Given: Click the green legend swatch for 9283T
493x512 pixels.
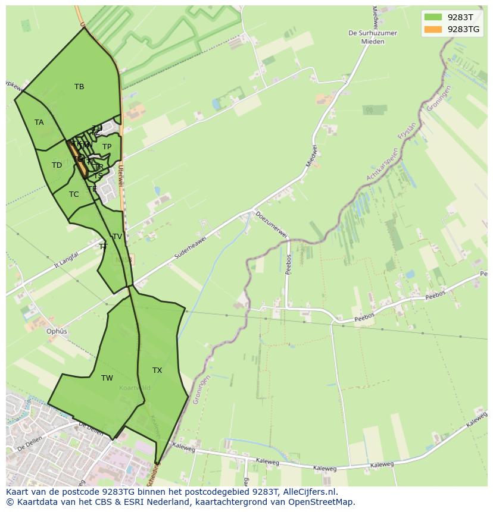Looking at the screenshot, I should tap(433, 17).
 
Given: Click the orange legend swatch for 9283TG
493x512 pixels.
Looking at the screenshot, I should tap(433, 29).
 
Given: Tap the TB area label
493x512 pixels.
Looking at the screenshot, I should tap(79, 87).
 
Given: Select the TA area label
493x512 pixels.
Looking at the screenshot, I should tap(39, 122).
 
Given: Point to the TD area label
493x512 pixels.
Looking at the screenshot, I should tap(57, 165).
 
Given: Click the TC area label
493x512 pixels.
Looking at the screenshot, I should tap(74, 194).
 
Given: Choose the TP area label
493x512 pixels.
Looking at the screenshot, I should tap(107, 147).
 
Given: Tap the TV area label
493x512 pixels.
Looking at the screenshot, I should tap(117, 237).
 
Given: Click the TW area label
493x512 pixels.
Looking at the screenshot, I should tap(107, 378).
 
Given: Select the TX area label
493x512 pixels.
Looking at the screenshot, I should tap(157, 370).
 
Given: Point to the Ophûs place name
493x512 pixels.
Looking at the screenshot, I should tap(57, 331).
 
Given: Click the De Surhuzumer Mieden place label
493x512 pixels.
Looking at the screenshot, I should tap(373, 37).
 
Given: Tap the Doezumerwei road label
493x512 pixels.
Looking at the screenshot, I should tap(271, 224).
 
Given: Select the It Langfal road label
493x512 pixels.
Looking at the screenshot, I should tap(67, 260).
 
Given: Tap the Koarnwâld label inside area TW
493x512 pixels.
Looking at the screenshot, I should tap(135, 388).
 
